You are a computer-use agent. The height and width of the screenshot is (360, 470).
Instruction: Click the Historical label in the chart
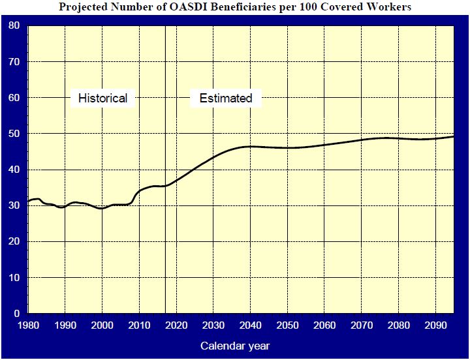pos(102,98)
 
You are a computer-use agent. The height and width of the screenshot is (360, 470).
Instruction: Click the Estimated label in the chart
pos(226,98)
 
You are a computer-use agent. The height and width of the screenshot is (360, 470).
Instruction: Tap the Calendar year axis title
pos(235,346)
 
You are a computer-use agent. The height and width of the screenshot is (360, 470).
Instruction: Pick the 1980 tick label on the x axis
pos(27,325)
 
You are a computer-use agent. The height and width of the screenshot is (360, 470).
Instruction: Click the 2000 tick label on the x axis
pos(102,325)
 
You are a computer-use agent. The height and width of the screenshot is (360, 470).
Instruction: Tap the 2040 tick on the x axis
pos(250,325)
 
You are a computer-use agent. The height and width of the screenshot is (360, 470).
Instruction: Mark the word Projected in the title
pos(82,8)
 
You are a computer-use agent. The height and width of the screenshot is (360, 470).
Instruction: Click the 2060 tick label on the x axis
pos(324,325)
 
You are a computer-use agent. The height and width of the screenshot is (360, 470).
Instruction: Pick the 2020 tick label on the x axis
pos(176,325)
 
